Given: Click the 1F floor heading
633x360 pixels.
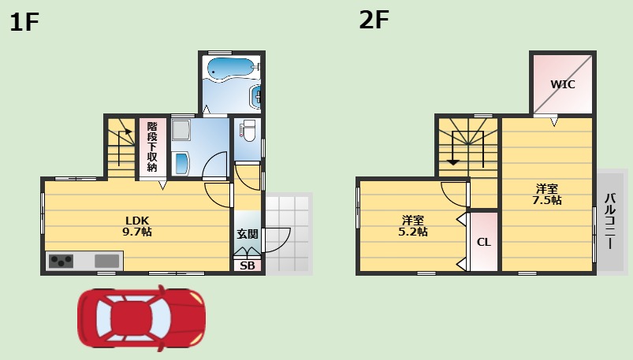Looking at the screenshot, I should [x=24, y=23].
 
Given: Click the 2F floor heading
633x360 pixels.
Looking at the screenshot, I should [x=374, y=20].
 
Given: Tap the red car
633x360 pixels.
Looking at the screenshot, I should [x=140, y=317].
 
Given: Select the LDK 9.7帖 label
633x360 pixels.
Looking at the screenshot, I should [x=136, y=226].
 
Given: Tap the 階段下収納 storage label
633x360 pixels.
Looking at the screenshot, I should [x=152, y=147].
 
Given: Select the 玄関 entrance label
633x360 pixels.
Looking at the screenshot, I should [x=247, y=234].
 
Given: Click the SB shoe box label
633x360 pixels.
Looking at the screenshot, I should [x=247, y=265].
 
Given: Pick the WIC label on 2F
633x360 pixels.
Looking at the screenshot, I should [x=562, y=84].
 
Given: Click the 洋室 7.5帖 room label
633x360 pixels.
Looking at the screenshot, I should [x=546, y=195].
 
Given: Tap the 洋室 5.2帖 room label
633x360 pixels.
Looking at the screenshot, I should [x=412, y=226].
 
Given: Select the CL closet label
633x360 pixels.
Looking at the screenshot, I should [x=483, y=242].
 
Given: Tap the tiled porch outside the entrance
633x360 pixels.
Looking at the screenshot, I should [x=289, y=232].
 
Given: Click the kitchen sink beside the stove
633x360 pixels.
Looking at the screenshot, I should [x=106, y=260].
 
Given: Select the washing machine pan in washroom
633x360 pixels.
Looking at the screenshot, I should [x=181, y=131].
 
